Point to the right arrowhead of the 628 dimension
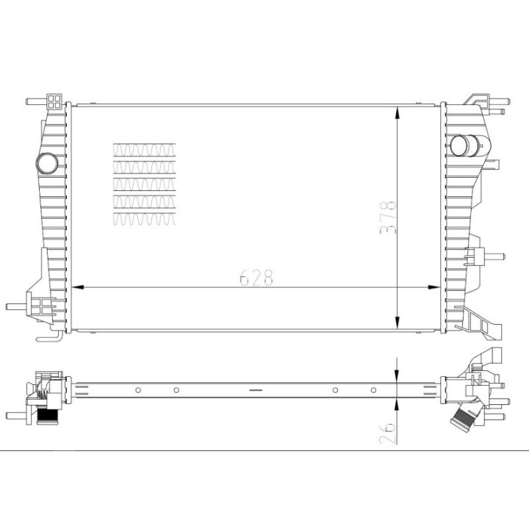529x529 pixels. click(438, 287)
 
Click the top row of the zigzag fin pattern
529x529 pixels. click(145, 149)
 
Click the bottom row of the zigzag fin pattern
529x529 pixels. click(145, 217)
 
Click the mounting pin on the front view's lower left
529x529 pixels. click(18, 306)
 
